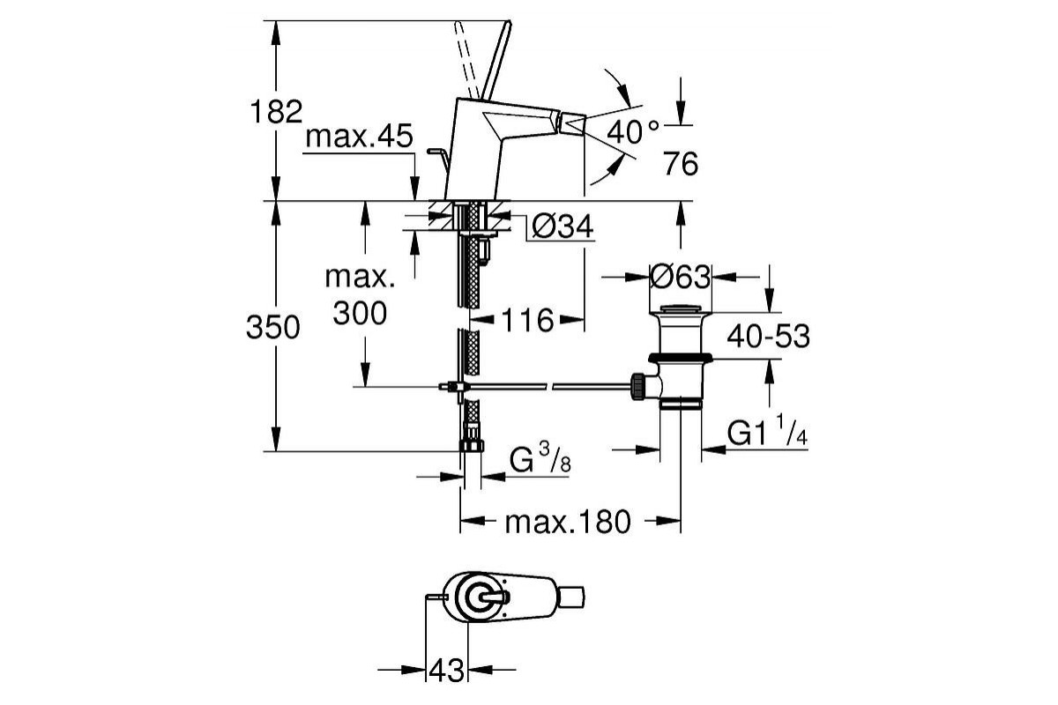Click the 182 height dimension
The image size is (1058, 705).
pos(277,112)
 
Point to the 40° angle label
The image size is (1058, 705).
pos(633,132)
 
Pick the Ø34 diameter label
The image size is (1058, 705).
pos(562,227)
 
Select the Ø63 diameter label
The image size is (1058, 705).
pos(680,278)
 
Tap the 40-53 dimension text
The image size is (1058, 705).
pos(768,336)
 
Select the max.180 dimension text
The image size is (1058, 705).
pos(568,523)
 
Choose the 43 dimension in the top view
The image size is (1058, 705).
pos(446,671)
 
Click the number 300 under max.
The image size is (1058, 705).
pos(360,312)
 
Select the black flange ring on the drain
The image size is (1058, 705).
pos(680,358)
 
